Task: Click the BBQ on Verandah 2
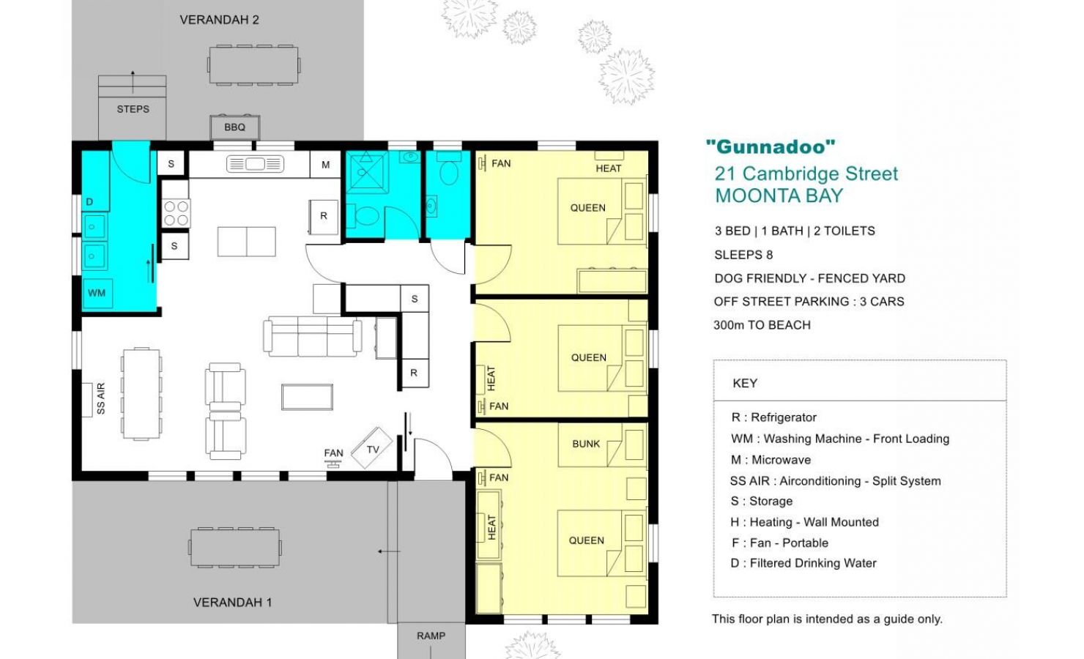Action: (x=234, y=127)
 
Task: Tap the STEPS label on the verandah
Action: (x=133, y=109)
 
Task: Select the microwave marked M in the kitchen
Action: (x=326, y=165)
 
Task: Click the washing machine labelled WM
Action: (x=97, y=293)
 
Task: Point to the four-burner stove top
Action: (x=176, y=213)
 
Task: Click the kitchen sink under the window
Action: (x=255, y=164)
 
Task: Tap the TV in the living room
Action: (x=371, y=448)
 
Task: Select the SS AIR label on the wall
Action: (x=100, y=398)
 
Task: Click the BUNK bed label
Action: (x=586, y=444)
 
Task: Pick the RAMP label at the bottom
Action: (x=431, y=636)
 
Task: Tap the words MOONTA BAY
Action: (x=779, y=196)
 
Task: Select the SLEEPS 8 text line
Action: (x=744, y=255)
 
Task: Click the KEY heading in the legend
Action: (x=745, y=383)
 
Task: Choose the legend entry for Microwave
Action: (x=771, y=460)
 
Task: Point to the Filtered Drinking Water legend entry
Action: (x=803, y=563)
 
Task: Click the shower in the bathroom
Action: (x=367, y=172)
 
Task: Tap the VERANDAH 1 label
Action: (x=232, y=603)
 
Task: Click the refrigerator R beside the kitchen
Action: (x=324, y=217)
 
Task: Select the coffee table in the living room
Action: (x=308, y=398)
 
